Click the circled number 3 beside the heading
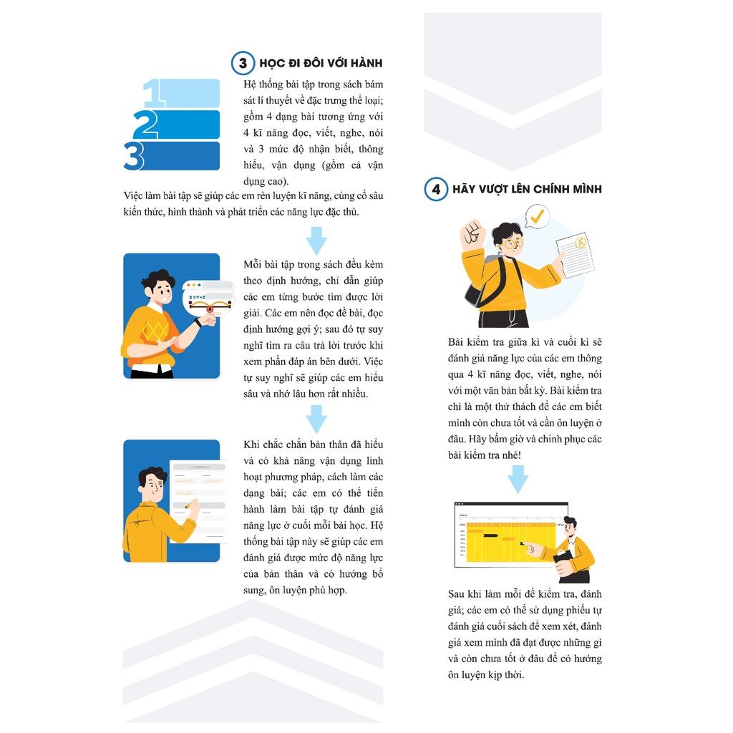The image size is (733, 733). [x=243, y=63]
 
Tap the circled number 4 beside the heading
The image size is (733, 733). [x=436, y=189]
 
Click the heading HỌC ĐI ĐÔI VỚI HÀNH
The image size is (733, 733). [x=321, y=63]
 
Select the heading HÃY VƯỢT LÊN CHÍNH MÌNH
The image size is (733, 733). [x=527, y=189]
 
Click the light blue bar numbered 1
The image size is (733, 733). [x=187, y=93]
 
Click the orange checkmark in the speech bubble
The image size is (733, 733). [x=537, y=216]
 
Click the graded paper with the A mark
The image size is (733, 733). [x=575, y=256]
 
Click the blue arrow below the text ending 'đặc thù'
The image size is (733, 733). [x=316, y=241]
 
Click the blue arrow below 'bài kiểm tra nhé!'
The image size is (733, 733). [x=518, y=479]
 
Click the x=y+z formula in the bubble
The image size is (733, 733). [x=197, y=297]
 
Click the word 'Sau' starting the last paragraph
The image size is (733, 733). [x=456, y=594]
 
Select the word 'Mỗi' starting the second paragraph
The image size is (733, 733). [x=252, y=265]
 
